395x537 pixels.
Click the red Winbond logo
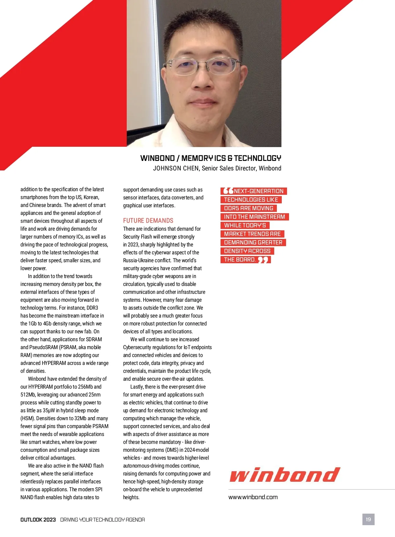(x=285, y=475)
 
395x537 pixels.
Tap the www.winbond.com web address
(x=253, y=497)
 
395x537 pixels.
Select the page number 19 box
(x=368, y=519)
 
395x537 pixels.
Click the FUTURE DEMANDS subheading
(x=148, y=220)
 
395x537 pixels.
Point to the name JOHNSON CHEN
(x=176, y=168)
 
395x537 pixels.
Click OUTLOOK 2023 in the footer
(x=38, y=520)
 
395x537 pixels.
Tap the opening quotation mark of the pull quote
(x=228, y=191)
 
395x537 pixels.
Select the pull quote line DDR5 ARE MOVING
(x=249, y=208)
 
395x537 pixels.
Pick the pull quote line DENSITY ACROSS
(x=247, y=251)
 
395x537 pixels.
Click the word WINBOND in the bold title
(x=157, y=158)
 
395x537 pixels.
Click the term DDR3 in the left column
(x=92, y=308)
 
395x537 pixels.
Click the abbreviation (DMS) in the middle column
(x=172, y=450)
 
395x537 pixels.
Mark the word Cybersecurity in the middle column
(x=139, y=347)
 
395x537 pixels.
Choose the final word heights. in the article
(x=131, y=497)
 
